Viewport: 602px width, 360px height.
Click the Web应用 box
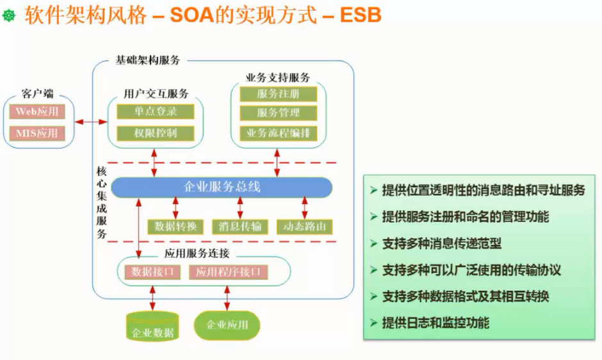tap(37, 111)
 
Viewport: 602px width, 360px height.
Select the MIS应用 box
tap(37, 133)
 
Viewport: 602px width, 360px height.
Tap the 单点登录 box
tap(155, 111)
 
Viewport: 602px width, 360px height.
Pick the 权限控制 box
tap(155, 133)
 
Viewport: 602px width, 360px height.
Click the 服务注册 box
tap(278, 94)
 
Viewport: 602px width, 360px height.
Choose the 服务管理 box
tap(278, 113)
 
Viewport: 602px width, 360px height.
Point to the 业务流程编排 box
tap(278, 133)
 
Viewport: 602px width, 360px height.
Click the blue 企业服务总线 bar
tap(222, 187)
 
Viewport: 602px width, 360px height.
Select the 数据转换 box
tap(175, 226)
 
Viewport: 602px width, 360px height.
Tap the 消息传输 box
tap(240, 226)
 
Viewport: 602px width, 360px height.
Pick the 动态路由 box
tap(304, 226)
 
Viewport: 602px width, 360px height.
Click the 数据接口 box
tap(152, 272)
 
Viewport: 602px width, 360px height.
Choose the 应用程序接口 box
tap(228, 272)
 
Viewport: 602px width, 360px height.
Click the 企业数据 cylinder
tap(152, 327)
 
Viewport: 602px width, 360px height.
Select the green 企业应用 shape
tap(227, 325)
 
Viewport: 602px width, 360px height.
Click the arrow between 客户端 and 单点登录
tap(91, 122)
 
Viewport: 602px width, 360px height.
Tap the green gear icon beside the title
tap(9, 15)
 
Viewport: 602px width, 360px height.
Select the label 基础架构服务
tap(147, 60)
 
